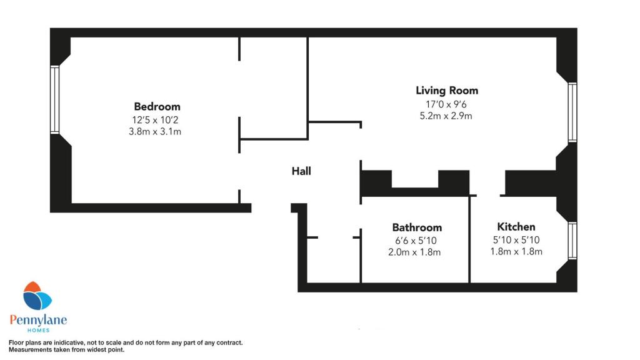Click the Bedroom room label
click(157, 106)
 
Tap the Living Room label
click(447, 91)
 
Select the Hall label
click(301, 171)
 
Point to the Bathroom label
click(417, 227)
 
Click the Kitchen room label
click(516, 226)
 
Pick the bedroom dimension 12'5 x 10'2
click(157, 119)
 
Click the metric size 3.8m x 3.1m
click(157, 132)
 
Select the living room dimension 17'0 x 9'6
click(447, 104)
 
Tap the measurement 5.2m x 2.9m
click(447, 116)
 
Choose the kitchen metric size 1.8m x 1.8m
click(516, 251)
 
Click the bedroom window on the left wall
click(55, 100)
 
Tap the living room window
click(572, 112)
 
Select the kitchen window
click(572, 241)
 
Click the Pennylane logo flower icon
click(37, 297)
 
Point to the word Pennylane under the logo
click(37, 320)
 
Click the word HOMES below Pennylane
click(37, 331)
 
